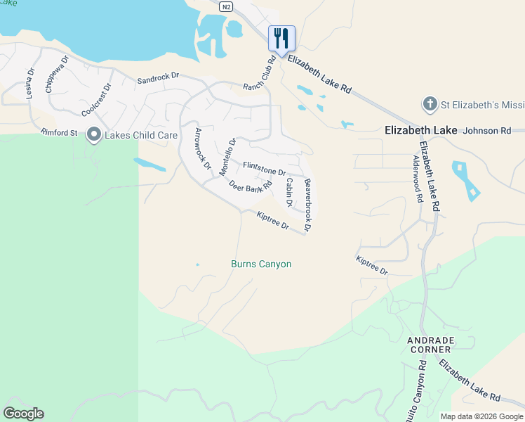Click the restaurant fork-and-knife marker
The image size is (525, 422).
point(281,38)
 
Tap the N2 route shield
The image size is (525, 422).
point(225,6)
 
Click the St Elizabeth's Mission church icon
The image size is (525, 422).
point(430,105)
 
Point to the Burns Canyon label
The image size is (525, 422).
point(261,264)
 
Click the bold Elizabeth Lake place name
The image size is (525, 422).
point(421,131)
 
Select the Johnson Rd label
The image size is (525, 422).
point(487,131)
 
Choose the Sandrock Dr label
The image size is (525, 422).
point(158,82)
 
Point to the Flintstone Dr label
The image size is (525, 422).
point(264,169)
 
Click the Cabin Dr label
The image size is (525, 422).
point(288,192)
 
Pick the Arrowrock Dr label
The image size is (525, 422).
point(202,149)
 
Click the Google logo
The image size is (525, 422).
point(23,414)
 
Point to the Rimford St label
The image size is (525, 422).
point(59,132)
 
